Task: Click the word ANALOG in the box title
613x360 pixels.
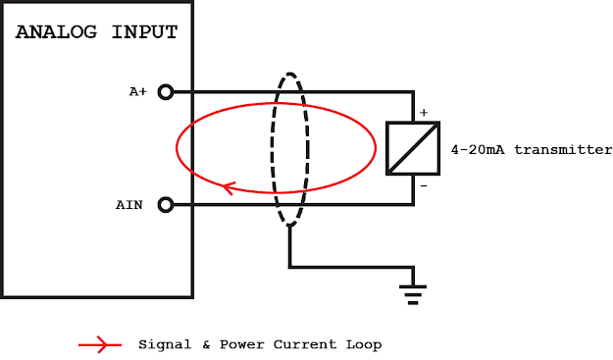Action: pos(56,32)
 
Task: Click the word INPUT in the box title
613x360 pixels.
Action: pos(144,32)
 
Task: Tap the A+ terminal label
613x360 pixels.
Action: pos(138,92)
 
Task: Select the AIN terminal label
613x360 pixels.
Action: pos(129,205)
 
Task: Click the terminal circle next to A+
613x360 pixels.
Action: pos(166,92)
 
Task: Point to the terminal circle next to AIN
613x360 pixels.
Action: pos(166,205)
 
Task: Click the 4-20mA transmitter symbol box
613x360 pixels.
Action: pos(413,148)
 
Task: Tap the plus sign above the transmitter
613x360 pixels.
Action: pos(424,113)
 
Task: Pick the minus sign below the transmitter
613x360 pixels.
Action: pos(424,186)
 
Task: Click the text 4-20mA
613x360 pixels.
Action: pos(478,150)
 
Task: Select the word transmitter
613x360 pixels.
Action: pos(563,150)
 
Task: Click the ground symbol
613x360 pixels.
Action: pos(413,295)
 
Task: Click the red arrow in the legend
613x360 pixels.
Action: pos(100,344)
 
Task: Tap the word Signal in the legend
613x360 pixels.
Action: pos(165,344)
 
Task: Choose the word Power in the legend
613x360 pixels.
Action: pos(242,344)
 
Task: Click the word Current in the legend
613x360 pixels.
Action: pos(305,344)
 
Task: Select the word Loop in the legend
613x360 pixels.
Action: pos(364,345)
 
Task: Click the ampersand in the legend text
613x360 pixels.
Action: pos(206,344)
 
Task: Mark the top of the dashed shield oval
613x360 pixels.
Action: pos(289,74)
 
